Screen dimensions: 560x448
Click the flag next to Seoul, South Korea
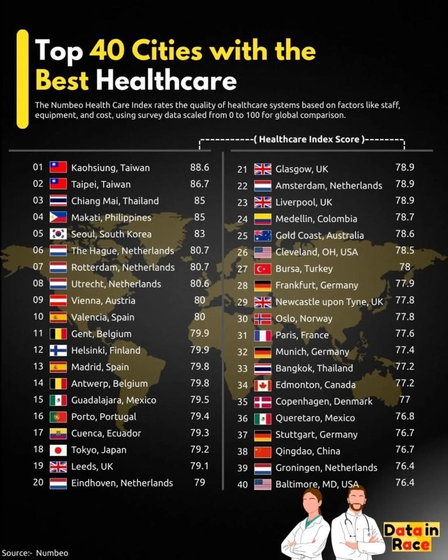tap(58, 234)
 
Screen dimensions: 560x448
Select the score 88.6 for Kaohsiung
tap(199, 168)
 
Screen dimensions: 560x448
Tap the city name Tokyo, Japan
tap(98, 450)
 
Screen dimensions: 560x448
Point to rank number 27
tap(242, 269)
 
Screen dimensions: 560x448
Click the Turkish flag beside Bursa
tap(263, 269)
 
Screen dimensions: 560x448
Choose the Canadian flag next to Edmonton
tap(263, 385)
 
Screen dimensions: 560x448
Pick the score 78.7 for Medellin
tap(405, 218)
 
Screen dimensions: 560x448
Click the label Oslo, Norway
tap(304, 319)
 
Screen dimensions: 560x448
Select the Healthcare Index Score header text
tap(309, 140)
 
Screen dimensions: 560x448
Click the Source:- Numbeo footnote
tap(35, 553)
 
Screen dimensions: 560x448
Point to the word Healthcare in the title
tap(166, 80)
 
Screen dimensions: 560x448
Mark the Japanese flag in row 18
tap(58, 450)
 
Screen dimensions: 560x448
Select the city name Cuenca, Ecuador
tap(106, 433)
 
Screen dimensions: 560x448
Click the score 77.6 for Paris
tap(405, 334)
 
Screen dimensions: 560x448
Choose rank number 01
tap(38, 168)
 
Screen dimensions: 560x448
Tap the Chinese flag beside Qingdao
tap(263, 451)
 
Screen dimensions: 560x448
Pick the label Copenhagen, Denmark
tap(324, 401)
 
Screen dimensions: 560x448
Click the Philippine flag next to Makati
tap(58, 217)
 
